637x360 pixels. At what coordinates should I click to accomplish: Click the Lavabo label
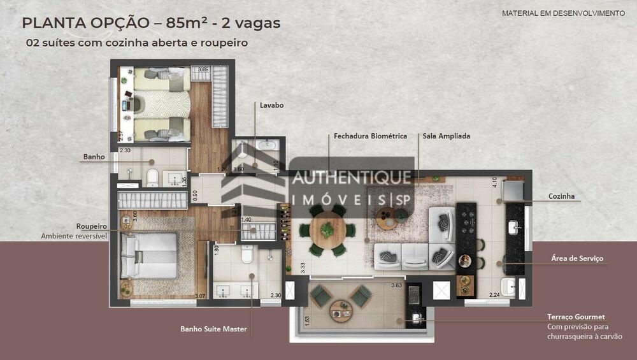coord(271,105)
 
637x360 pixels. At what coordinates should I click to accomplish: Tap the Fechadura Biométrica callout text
coord(370,136)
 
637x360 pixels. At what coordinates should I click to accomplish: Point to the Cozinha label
coord(561,197)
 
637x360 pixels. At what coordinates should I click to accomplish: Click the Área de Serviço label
coord(576,259)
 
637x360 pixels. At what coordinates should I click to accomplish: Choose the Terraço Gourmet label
coord(576,317)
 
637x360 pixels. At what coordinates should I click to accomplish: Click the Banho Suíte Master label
coord(213,329)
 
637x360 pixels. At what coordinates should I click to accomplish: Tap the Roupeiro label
coord(90,226)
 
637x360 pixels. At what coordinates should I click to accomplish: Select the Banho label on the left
coord(94,157)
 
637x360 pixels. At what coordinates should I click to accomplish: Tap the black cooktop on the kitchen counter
coord(466,223)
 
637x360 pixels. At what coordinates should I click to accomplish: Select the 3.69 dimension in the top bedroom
coord(203,69)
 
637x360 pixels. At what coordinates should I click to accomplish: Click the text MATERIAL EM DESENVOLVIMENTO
coord(563,13)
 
